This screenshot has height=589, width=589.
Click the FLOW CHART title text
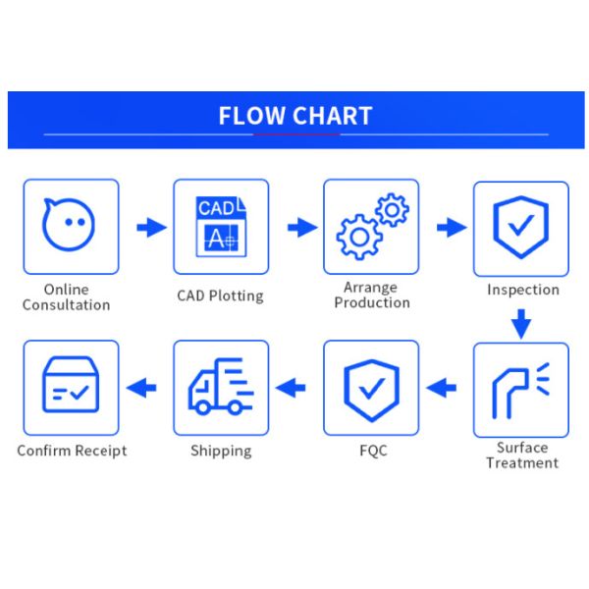pos(294,116)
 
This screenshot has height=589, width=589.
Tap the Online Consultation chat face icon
pos(69,225)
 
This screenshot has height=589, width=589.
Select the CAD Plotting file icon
pos(220,226)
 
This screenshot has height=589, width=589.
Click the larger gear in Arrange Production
pos(360,236)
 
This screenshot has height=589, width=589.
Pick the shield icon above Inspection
pos(520,227)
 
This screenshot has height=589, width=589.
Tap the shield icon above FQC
pos(371,388)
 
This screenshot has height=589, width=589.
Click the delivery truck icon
pos(220,387)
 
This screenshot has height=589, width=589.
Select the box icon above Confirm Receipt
pos(70,387)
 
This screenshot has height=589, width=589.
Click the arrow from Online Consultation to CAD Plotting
pos(150,228)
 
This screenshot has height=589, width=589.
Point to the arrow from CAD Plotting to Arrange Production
pos(301,228)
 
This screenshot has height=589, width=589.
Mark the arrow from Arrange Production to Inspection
pos(452,228)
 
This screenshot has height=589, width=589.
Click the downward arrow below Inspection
pos(521,322)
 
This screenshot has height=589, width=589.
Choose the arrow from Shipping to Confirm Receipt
pos(142,389)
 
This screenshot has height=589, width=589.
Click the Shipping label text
pos(220,451)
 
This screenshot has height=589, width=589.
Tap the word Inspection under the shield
pos(522,290)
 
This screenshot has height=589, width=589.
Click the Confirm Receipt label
pos(72,451)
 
